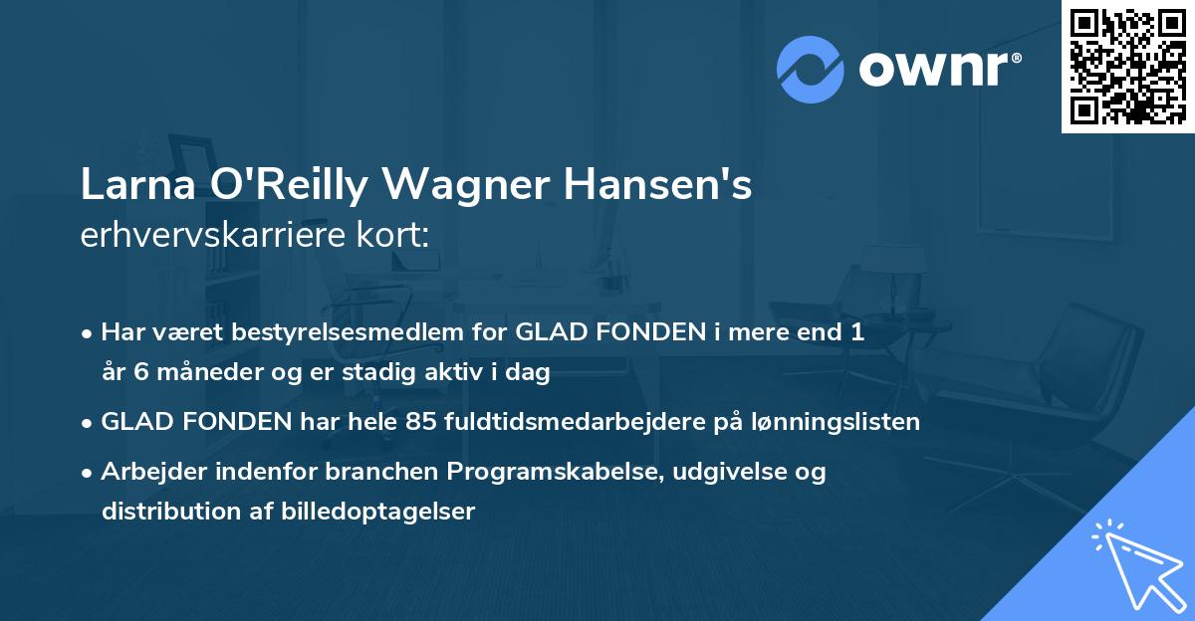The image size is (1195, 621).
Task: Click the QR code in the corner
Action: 1127,66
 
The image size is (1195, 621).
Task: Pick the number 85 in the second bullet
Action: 419,422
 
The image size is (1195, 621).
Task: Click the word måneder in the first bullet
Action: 185,373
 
